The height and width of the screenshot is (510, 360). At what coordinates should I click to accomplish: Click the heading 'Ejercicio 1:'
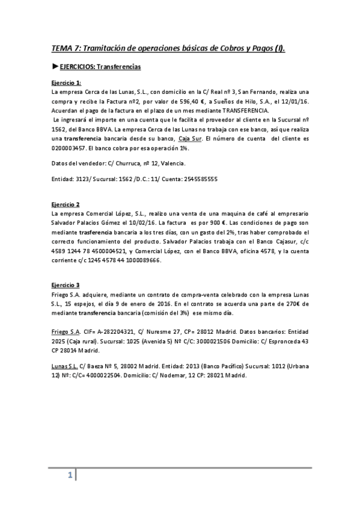click(x=66, y=83)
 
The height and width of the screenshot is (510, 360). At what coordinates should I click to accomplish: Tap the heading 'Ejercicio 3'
click(x=65, y=284)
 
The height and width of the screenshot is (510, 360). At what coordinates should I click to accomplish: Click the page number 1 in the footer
click(x=70, y=476)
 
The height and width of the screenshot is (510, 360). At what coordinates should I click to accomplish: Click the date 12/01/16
click(x=296, y=101)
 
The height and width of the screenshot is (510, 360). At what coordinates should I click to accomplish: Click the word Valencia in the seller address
click(x=174, y=163)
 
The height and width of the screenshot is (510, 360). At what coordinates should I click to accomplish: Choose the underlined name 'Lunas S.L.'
click(x=64, y=366)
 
